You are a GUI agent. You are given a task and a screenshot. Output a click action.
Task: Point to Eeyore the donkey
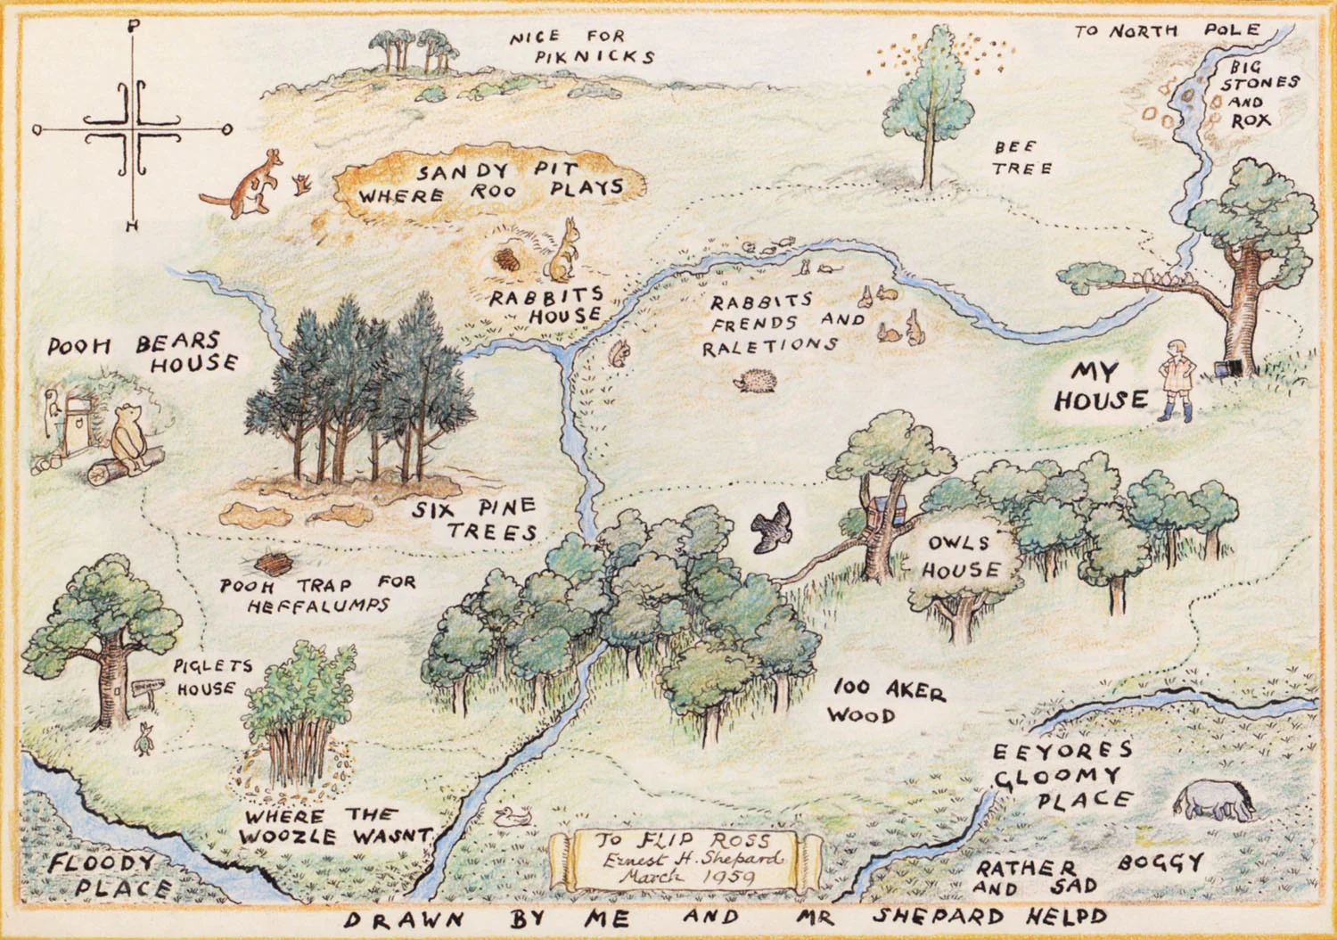(1213, 801)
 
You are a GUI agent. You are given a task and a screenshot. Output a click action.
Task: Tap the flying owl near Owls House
(770, 527)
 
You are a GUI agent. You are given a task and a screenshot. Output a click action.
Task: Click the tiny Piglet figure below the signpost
(143, 738)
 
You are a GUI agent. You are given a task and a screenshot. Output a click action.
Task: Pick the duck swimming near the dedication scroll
(514, 815)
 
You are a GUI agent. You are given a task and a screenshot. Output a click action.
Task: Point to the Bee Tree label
(1022, 157)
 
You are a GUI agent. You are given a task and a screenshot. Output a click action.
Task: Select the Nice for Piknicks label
(582, 46)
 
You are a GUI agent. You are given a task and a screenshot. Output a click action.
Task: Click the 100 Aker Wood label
(886, 701)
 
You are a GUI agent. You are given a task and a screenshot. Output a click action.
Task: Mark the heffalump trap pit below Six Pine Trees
(275, 565)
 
